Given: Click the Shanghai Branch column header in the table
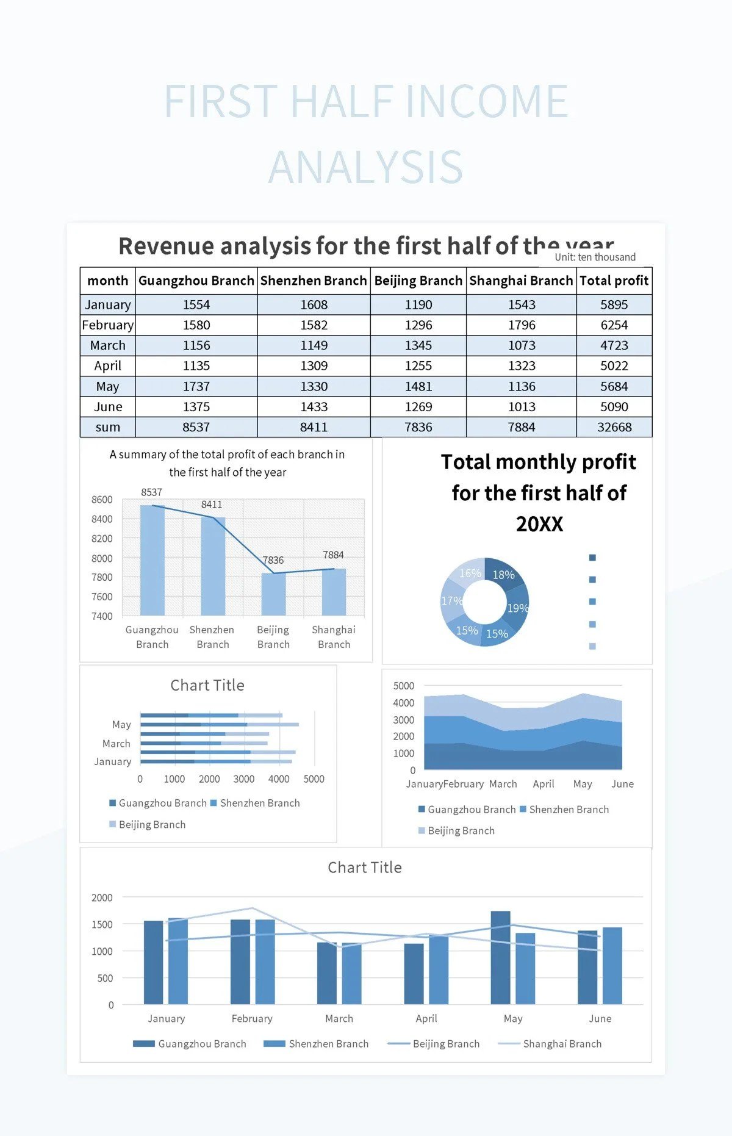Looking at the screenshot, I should tap(521, 281).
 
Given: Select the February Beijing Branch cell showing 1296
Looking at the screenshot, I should tap(418, 325).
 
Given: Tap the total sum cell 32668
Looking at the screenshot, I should tap(614, 427).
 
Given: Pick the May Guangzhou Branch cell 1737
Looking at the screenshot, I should tap(196, 386).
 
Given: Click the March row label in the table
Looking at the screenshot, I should tap(107, 345).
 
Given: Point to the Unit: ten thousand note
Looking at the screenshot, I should tap(595, 257).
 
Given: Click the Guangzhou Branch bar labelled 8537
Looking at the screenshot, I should tap(152, 561).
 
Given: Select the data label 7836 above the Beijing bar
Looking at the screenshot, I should tap(273, 560).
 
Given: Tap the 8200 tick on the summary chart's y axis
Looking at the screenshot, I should tap(102, 539).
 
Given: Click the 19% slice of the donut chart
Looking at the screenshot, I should tap(517, 607).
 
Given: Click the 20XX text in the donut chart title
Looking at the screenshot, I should tap(539, 524).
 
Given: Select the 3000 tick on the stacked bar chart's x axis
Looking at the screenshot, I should tap(244, 779).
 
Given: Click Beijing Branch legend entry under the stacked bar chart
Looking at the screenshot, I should tap(152, 825).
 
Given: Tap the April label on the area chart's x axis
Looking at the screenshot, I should tap(543, 784).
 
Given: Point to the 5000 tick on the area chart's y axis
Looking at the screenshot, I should tap(403, 686).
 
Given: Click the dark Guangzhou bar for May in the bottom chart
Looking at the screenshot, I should tap(500, 958).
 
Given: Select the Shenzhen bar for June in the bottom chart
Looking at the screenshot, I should tap(612, 966).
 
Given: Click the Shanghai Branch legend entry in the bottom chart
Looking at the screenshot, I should tap(561, 1044).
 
